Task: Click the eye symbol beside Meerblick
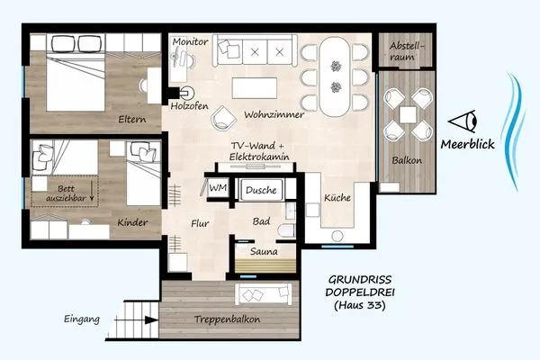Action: click(463, 121)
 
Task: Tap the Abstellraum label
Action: click(407, 51)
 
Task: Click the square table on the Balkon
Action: click(408, 114)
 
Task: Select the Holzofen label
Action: click(190, 106)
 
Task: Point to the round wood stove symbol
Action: click(188, 93)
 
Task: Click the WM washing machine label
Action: click(218, 188)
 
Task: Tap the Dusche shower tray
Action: click(261, 190)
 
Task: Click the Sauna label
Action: click(264, 252)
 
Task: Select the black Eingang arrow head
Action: click(151, 320)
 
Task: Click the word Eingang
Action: click(82, 319)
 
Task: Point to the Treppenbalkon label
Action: click(227, 319)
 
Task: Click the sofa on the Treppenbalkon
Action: click(264, 294)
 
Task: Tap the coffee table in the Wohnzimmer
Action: click(255, 88)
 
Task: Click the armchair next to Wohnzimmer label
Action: click(224, 118)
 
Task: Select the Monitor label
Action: click(191, 42)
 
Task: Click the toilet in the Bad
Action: click(287, 230)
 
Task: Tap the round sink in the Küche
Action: click(337, 237)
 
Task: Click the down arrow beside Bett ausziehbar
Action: click(92, 191)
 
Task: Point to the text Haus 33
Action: click(359, 305)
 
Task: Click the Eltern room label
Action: click(132, 120)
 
